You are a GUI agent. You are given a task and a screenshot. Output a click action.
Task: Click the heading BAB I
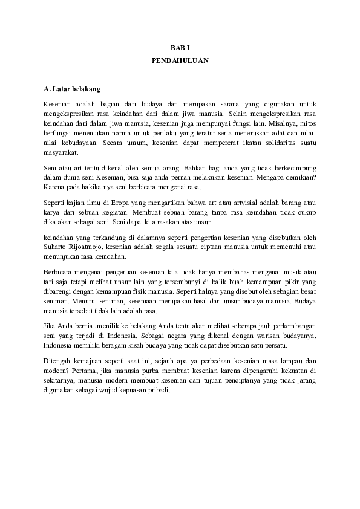(180, 47)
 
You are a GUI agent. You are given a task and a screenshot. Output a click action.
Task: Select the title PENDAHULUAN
(180, 61)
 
